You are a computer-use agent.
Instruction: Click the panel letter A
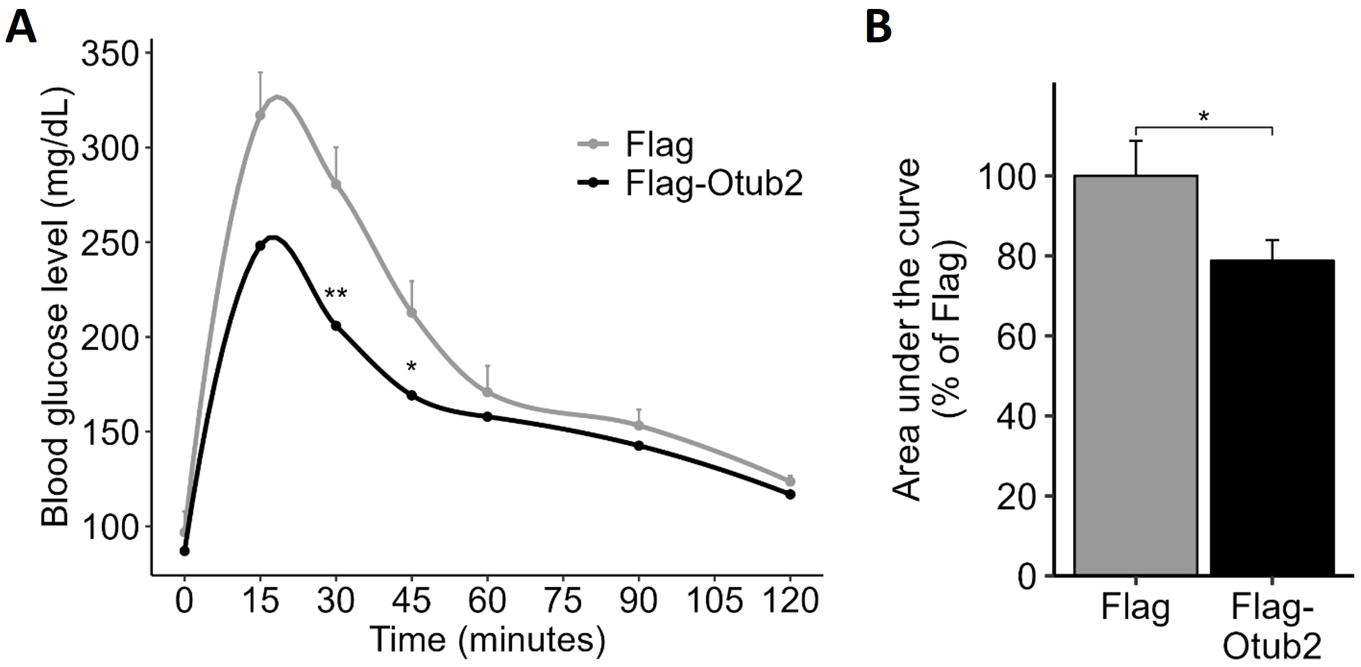[x=21, y=28]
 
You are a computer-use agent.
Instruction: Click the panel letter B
[x=878, y=28]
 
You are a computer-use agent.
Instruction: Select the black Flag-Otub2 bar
[x=1272, y=417]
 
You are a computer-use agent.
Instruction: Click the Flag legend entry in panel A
[x=659, y=145]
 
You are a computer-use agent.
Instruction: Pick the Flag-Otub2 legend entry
[x=713, y=183]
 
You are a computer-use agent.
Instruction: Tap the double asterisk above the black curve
[x=335, y=295]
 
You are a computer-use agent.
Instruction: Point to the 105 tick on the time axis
[x=714, y=601]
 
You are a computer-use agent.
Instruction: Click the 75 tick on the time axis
[x=562, y=601]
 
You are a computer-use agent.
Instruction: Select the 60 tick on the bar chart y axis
[x=1017, y=336]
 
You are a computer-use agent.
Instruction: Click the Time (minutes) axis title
[x=487, y=639]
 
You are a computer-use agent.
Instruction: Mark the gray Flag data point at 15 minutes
[x=260, y=115]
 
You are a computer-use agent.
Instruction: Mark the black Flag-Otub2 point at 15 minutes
[x=260, y=246]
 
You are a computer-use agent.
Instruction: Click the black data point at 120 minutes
[x=790, y=494]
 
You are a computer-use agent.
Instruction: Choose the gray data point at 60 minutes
[x=487, y=392]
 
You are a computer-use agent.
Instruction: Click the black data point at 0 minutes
[x=185, y=551]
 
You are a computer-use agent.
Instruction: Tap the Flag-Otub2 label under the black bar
[x=1272, y=627]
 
